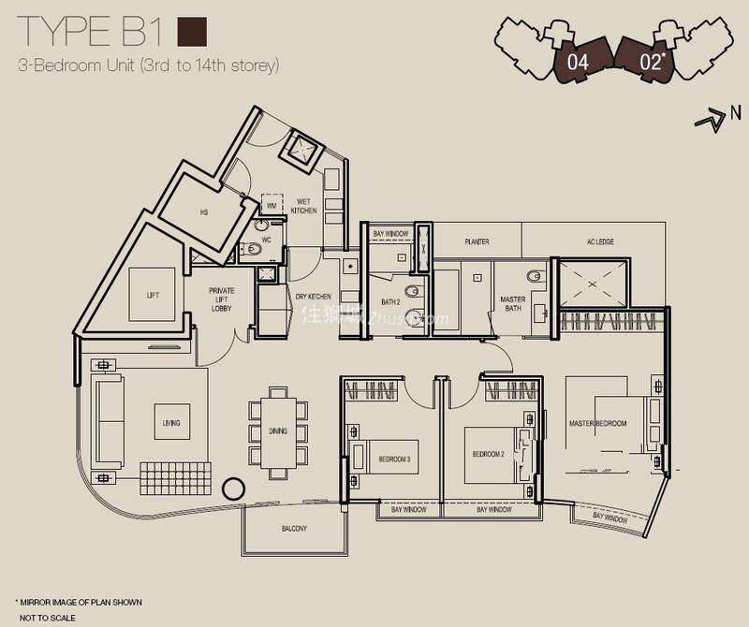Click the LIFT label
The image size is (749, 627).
coord(153,295)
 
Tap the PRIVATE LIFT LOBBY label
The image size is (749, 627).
coord(221,299)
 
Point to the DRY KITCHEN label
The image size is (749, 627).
coord(314,297)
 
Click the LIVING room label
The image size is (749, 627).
coord(170,423)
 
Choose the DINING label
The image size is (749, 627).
coord(277,431)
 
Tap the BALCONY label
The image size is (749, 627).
coord(294,529)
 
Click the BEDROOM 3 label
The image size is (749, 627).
coord(394,459)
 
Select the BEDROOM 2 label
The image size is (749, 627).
coord(488,454)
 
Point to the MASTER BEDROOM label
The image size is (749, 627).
coord(598,424)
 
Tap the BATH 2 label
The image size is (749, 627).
coord(390,301)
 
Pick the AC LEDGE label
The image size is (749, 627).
coord(600,242)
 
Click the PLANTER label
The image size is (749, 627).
coord(477,242)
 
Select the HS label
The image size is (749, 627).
coord(203,212)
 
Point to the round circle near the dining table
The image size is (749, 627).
coord(232,488)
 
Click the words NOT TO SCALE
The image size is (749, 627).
coord(45,619)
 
